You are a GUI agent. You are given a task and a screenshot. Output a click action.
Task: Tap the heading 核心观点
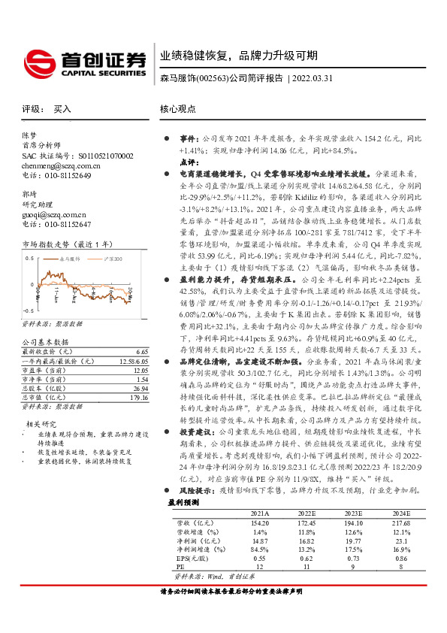177,110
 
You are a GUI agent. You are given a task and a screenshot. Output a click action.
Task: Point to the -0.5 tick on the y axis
29,310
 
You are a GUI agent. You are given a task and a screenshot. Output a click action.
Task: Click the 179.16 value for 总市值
138,396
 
